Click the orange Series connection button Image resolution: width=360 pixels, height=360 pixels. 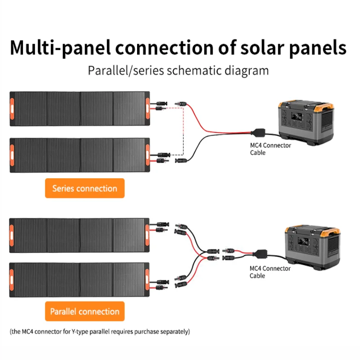pyautogui.click(x=84, y=189)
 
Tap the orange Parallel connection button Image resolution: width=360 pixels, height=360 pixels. pyautogui.click(x=84, y=311)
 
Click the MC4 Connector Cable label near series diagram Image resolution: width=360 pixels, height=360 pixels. pyautogui.click(x=270, y=149)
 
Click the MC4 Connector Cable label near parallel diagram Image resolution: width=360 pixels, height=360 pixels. pyautogui.click(x=270, y=272)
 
